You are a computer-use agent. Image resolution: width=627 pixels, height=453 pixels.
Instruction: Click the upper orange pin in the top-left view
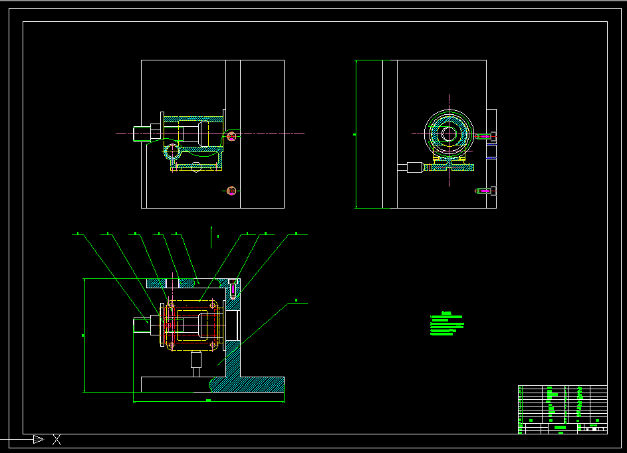(231, 137)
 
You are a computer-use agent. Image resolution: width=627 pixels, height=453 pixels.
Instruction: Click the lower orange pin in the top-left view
(231, 191)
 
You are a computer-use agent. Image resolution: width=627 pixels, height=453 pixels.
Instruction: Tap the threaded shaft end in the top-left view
(142, 134)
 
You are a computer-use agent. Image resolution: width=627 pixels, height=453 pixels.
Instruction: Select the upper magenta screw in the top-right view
(485, 136)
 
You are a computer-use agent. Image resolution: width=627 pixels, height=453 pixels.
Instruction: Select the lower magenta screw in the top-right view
(485, 191)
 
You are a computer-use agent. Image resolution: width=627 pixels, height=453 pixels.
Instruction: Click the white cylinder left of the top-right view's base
(416, 167)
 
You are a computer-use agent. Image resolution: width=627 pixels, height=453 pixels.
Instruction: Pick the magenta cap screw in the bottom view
(233, 287)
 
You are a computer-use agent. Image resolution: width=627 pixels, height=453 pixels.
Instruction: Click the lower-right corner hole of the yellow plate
(213, 345)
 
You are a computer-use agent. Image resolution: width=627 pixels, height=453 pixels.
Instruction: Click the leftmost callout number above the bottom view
(78, 233)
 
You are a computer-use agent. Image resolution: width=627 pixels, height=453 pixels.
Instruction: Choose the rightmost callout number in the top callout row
(296, 233)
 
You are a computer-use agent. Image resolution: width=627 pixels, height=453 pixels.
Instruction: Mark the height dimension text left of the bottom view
(82, 335)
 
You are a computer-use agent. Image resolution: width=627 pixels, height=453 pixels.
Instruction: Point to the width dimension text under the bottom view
(208, 401)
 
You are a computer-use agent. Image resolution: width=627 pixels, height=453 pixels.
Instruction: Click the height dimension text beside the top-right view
(354, 134)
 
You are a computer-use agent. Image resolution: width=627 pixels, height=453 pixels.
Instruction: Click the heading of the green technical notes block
(447, 312)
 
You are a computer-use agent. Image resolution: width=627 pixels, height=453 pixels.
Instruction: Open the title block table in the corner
(562, 409)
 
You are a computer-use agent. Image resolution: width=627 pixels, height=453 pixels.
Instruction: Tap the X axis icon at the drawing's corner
(57, 439)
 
